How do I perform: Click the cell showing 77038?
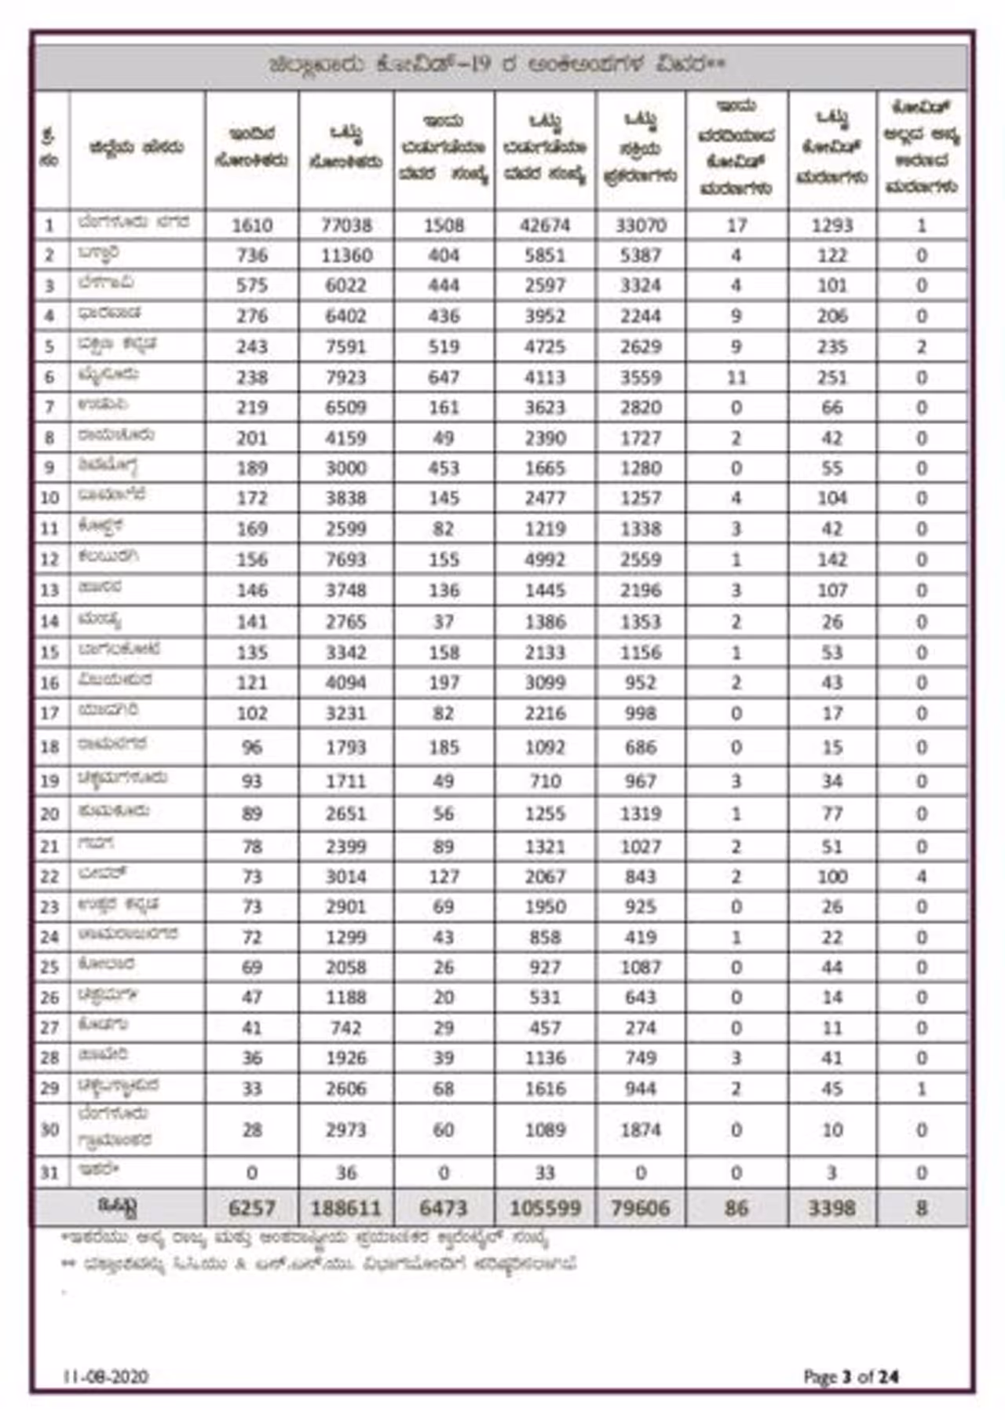pyautogui.click(x=346, y=225)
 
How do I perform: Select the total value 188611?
pyautogui.click(x=346, y=1208)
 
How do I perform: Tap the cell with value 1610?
pyautogui.click(x=252, y=225)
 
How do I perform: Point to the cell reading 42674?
pyautogui.click(x=545, y=225)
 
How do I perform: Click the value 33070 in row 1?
pyautogui.click(x=641, y=225)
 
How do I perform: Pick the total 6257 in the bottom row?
pyautogui.click(x=252, y=1208)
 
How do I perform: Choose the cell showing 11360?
pyautogui.click(x=346, y=255)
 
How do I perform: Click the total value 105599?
pyautogui.click(x=545, y=1208)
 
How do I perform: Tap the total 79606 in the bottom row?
pyautogui.click(x=641, y=1208)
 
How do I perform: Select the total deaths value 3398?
pyautogui.click(x=831, y=1208)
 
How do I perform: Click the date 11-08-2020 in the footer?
pyautogui.click(x=105, y=1377)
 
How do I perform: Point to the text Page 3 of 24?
pyautogui.click(x=851, y=1377)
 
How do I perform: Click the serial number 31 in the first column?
pyautogui.click(x=49, y=1173)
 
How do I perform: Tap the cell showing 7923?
pyautogui.click(x=346, y=377)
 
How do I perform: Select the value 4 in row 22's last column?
pyautogui.click(x=922, y=876)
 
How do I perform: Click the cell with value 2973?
pyautogui.click(x=346, y=1129)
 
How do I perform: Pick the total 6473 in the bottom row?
pyautogui.click(x=444, y=1208)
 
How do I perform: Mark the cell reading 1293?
pyautogui.click(x=831, y=225)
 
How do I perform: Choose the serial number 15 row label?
pyautogui.click(x=49, y=652)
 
